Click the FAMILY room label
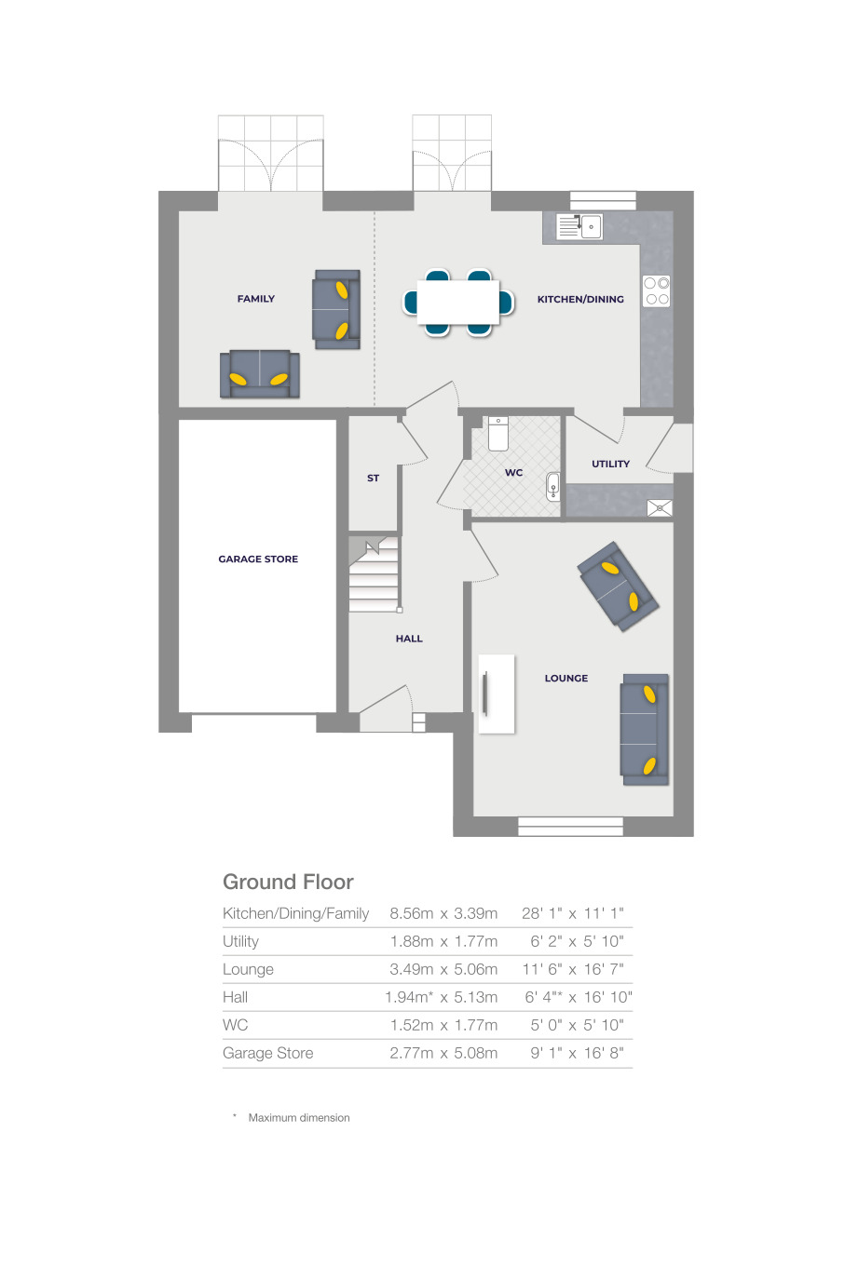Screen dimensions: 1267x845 click(255, 299)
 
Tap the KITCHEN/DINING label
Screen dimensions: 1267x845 click(580, 300)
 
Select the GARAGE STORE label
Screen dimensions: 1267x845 click(258, 559)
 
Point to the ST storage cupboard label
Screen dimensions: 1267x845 click(373, 478)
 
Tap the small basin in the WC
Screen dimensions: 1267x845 click(553, 486)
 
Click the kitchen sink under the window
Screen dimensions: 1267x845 click(579, 226)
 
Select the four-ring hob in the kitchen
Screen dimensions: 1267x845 click(656, 291)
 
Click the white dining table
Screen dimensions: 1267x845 click(458, 302)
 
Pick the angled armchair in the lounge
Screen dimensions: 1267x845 click(618, 586)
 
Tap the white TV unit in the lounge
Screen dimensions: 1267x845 click(497, 694)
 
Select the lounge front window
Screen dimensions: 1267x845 click(570, 826)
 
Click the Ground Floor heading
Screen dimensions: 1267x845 click(288, 882)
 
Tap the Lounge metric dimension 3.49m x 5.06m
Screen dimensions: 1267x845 click(443, 969)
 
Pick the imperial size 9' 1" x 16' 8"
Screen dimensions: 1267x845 click(577, 1053)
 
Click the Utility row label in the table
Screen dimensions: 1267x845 click(240, 941)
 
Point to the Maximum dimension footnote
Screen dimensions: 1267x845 click(298, 1117)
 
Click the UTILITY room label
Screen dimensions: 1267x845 click(610, 464)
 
